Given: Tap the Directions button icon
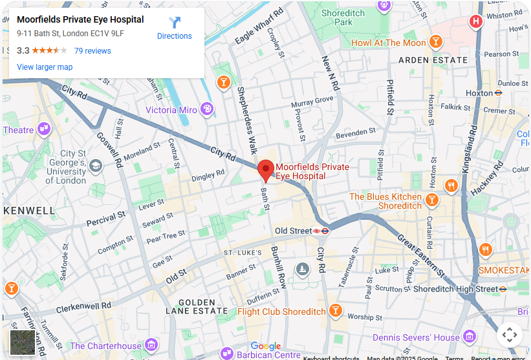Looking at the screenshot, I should (175, 23).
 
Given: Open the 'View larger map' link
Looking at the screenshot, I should (45, 67).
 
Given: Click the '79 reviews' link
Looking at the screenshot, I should (92, 51).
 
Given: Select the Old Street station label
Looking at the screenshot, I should (293, 231).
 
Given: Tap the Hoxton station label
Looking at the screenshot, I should (479, 93).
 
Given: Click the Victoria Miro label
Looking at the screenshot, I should (171, 110).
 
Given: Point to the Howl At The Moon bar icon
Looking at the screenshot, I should (437, 43).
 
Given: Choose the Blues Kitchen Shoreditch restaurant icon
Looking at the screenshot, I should (451, 186).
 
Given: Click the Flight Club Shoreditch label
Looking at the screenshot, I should (281, 312).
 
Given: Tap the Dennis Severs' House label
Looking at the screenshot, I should (416, 337).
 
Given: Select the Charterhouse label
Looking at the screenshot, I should (105, 346).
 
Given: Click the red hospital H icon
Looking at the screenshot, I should (476, 22).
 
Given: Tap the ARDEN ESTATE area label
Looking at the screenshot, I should (433, 60).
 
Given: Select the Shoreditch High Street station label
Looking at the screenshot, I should (455, 289).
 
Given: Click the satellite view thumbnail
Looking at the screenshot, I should (23, 343).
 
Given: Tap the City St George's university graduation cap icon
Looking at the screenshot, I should (96, 166).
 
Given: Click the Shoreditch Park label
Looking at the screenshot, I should (343, 17).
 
